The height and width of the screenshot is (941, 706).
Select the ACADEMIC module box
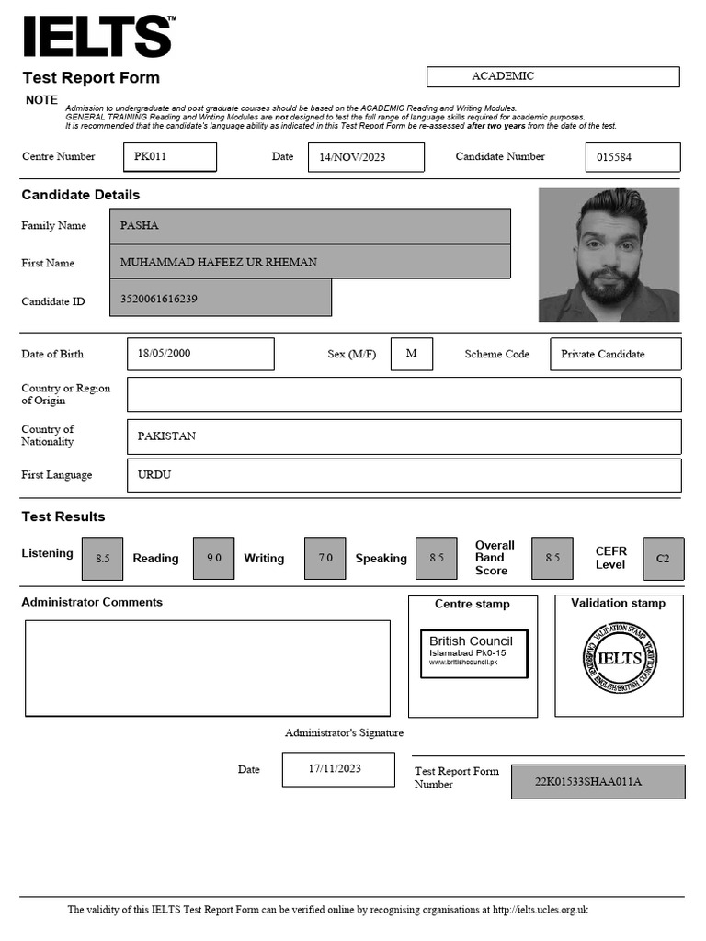(552, 76)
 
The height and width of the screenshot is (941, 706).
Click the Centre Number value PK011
(170, 157)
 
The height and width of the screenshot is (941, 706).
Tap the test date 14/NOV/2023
(366, 157)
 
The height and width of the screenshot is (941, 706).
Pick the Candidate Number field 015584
(632, 157)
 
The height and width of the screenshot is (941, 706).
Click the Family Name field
(310, 226)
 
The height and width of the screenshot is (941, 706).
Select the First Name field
(310, 262)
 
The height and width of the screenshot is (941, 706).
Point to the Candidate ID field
(221, 299)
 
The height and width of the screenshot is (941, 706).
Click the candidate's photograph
(609, 255)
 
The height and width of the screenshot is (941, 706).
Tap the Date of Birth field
(200, 354)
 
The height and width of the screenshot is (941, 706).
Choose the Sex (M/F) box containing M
(411, 354)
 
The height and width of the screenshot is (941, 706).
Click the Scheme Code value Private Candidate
(615, 354)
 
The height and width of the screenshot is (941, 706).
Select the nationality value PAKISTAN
(404, 436)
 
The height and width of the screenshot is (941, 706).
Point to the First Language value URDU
(404, 475)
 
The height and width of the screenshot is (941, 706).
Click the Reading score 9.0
(213, 558)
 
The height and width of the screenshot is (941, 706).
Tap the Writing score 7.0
(325, 558)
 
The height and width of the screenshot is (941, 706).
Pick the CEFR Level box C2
(663, 558)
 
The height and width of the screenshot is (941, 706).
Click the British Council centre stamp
(473, 653)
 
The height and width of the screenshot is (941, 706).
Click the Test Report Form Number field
(598, 782)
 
